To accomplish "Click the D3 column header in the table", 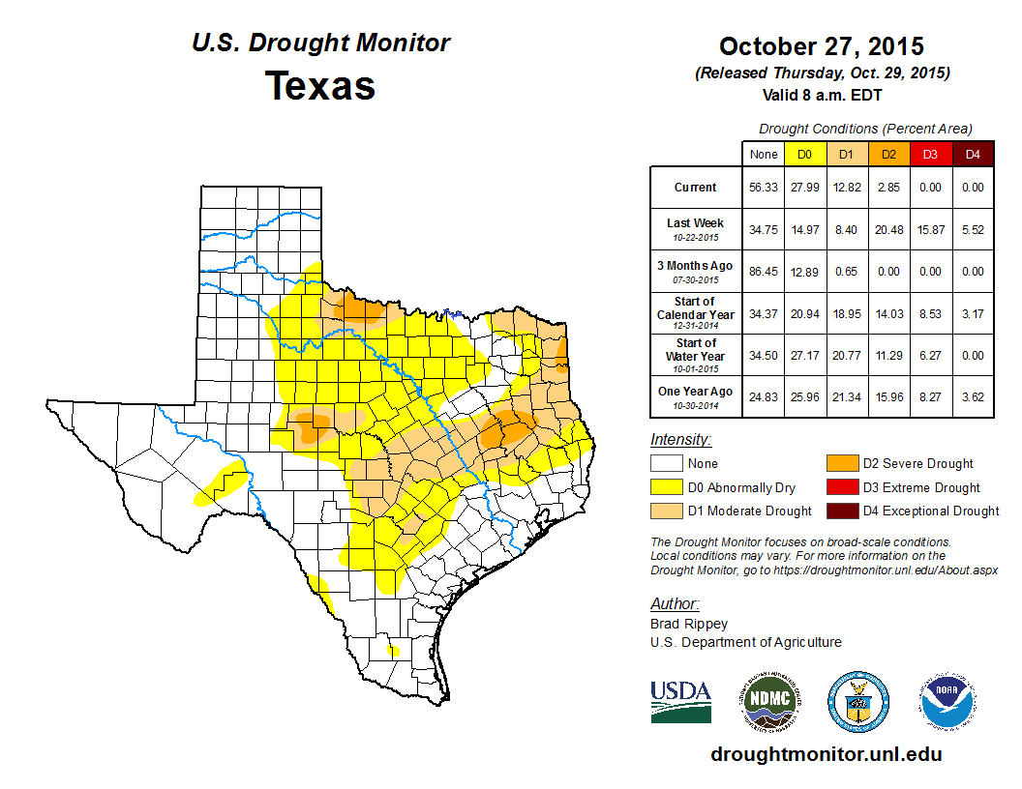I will [x=929, y=154].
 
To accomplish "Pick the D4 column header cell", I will [x=972, y=154].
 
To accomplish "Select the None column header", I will [x=764, y=154].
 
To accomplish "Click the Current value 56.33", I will [x=764, y=188].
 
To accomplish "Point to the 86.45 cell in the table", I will [x=764, y=272].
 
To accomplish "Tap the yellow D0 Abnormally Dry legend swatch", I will [x=666, y=487].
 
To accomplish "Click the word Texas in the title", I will [x=320, y=85].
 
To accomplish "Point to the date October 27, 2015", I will [x=821, y=46].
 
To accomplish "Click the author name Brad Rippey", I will [x=689, y=624].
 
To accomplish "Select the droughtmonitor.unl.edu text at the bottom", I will [x=826, y=754].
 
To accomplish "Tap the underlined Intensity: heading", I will [x=680, y=440].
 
